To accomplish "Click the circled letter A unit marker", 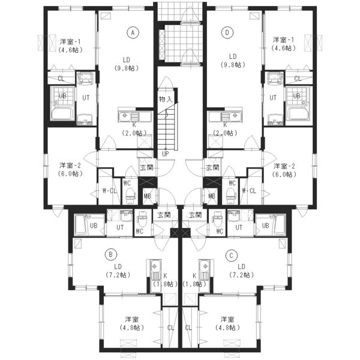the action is tap(133, 32).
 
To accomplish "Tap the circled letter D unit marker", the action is tap(227, 32).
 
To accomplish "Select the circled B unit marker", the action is tap(110, 254).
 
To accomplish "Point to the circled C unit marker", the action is tap(231, 256).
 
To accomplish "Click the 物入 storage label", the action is tap(166, 100).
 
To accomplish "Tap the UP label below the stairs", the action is tap(166, 154).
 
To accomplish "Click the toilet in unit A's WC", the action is tap(130, 196).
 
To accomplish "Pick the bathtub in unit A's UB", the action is tap(62, 113).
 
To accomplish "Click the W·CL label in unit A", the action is tap(110, 191).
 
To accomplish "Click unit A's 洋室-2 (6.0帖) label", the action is tap(70, 169).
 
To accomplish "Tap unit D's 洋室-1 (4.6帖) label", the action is tap(283, 44).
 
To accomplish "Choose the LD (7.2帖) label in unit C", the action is tap(242, 271).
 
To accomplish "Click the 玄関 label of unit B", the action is tap(164, 215).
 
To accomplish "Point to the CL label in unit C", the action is tap(188, 328).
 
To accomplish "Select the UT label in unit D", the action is tap(273, 98).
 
